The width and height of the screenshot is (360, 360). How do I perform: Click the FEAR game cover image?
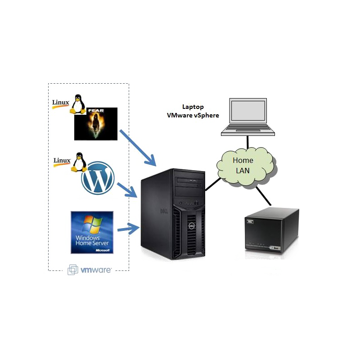coord(96,124)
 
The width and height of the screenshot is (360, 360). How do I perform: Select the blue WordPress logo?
coord(98,178)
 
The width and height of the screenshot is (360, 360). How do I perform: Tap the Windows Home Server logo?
coord(92,232)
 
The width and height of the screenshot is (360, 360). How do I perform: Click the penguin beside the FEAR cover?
coord(78,104)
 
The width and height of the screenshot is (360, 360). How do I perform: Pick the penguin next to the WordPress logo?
coord(79,162)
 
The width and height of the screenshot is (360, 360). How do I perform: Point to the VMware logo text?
coord(96,270)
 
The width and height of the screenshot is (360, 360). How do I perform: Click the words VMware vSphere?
coord(193,115)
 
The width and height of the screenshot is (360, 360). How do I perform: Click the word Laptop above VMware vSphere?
coord(193,107)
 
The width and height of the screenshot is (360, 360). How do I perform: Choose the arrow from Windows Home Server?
coord(128,229)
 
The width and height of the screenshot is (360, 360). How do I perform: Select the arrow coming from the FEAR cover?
coord(138,148)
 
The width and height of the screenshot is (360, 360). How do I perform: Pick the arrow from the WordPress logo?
coord(127,190)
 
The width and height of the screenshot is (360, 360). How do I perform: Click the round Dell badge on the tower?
coord(192,226)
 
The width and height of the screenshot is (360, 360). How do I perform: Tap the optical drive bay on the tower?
coord(189,182)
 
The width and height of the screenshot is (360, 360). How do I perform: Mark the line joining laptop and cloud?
coord(248,142)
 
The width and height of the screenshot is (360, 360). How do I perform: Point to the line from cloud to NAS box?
coord(263,196)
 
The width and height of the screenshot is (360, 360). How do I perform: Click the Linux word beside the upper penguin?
coord(61,102)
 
